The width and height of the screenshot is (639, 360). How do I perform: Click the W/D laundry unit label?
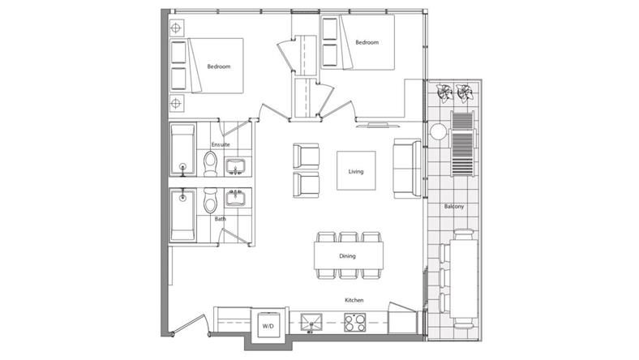click(x=268, y=326)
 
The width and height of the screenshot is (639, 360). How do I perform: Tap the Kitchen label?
click(x=354, y=300)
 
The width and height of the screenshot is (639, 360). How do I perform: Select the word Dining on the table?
click(x=347, y=256)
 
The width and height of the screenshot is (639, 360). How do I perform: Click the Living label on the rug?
click(x=356, y=171)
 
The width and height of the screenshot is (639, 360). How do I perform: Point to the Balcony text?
click(x=454, y=206)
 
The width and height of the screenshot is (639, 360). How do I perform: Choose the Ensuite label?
click(x=221, y=144)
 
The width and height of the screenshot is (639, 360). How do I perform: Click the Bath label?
click(x=220, y=219)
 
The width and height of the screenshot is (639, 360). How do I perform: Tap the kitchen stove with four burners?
click(x=354, y=322)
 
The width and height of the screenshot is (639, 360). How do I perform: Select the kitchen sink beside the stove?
click(x=311, y=322)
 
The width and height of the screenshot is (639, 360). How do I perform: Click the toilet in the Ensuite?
click(x=210, y=164)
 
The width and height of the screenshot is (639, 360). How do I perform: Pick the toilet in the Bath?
click(x=210, y=200)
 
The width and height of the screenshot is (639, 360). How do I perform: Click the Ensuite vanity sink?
click(x=235, y=166)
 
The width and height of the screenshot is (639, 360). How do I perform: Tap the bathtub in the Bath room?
click(x=182, y=215)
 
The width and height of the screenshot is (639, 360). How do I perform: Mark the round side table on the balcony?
click(x=438, y=131)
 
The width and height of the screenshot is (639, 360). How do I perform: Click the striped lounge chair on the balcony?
click(x=462, y=143)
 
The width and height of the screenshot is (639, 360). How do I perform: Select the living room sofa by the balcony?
click(x=407, y=169)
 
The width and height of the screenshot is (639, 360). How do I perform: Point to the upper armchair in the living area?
click(x=306, y=156)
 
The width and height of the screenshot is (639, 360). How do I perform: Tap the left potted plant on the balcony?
click(x=444, y=92)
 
